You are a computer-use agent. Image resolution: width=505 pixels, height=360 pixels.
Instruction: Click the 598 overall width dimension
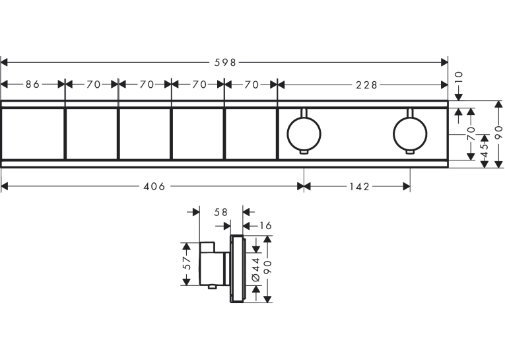(226, 63)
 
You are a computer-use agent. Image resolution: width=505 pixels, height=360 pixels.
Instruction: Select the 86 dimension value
(32, 85)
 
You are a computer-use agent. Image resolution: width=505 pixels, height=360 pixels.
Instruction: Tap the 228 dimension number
(366, 85)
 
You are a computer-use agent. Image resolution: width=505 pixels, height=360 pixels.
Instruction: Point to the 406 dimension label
(154, 187)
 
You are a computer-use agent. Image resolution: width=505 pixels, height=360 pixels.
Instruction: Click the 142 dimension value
(359, 187)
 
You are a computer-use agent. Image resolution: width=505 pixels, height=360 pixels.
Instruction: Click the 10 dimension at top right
(459, 78)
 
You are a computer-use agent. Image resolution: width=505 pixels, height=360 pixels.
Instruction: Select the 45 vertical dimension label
(485, 150)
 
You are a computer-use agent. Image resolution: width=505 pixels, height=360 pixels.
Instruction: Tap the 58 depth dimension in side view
(220, 212)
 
